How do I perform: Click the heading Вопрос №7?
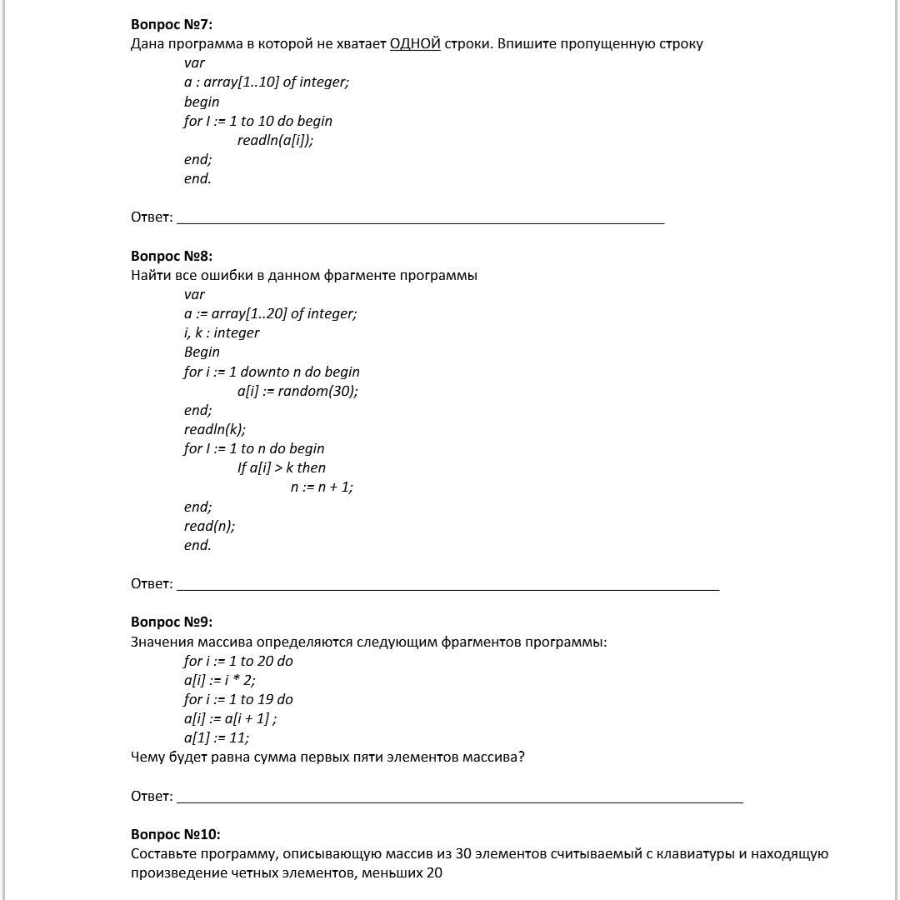tap(172, 24)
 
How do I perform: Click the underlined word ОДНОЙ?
tap(415, 43)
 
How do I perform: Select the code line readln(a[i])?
tap(275, 140)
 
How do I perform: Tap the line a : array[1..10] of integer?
tap(267, 82)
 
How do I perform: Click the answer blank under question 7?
tap(420, 218)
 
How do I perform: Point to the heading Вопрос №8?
tap(172, 256)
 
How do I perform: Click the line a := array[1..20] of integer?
tap(270, 313)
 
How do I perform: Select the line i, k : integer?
tap(222, 332)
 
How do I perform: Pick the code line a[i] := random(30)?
tap(297, 391)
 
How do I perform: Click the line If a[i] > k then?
tap(282, 467)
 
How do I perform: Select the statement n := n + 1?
tap(322, 487)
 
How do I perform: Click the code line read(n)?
tap(209, 526)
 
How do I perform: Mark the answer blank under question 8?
tap(447, 585)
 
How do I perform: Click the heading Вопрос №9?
tap(172, 622)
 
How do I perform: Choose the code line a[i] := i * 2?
tap(220, 680)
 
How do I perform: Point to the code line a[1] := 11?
tap(217, 737)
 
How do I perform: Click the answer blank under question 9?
tap(459, 797)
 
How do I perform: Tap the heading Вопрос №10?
tap(175, 834)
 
